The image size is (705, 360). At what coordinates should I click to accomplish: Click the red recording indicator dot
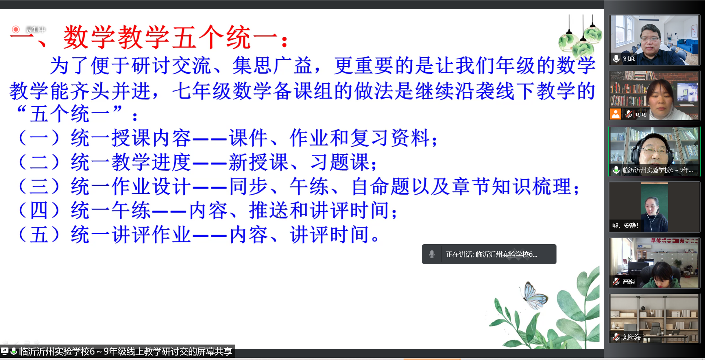click(15, 29)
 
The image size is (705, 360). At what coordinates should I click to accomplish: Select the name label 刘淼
click(629, 58)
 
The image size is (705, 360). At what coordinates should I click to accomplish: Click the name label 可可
click(641, 114)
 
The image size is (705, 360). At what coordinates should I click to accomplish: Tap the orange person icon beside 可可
click(616, 114)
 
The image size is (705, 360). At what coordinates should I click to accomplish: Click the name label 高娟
click(629, 281)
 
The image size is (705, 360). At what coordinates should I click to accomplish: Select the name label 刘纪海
click(632, 337)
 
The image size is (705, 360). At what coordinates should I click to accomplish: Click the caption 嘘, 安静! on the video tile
click(625, 225)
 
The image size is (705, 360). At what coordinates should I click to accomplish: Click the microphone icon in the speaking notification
click(432, 254)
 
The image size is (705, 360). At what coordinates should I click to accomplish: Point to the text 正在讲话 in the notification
click(459, 254)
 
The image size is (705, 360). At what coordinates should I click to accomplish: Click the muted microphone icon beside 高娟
click(616, 281)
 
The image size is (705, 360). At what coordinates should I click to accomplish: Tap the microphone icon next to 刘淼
click(616, 58)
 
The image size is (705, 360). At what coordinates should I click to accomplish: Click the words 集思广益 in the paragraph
click(272, 65)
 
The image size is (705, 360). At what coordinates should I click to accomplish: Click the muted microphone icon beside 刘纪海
click(616, 337)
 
